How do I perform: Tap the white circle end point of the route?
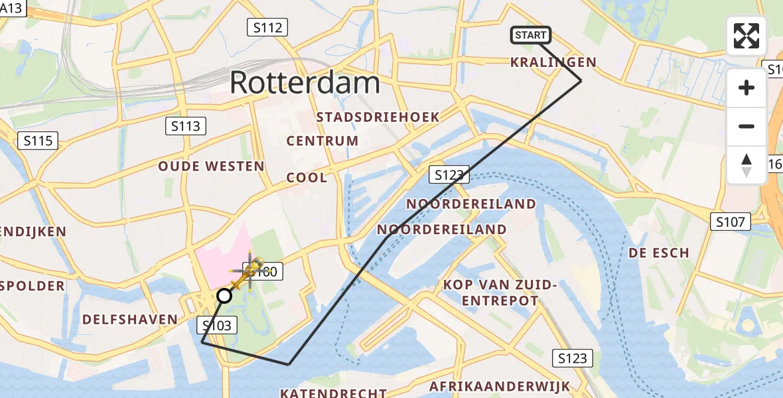pyautogui.click(x=224, y=295)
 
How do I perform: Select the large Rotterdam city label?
pyautogui.click(x=305, y=84)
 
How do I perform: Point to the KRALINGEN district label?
pyautogui.click(x=553, y=62)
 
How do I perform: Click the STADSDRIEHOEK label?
pyautogui.click(x=378, y=117)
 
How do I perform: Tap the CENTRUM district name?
pyautogui.click(x=322, y=141)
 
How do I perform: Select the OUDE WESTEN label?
pyautogui.click(x=211, y=166)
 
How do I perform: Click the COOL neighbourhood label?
pyautogui.click(x=307, y=178)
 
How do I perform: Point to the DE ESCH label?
pyautogui.click(x=659, y=253)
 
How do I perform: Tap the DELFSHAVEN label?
pyautogui.click(x=130, y=320)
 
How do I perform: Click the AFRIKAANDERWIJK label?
pyautogui.click(x=500, y=386)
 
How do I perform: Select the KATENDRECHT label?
pyautogui.click(x=333, y=393)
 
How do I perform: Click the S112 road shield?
pyautogui.click(x=268, y=28)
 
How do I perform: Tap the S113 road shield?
pyautogui.click(x=186, y=126)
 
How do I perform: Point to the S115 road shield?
pyautogui.click(x=39, y=141)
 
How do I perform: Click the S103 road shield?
pyautogui.click(x=216, y=325)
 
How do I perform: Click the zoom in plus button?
pyautogui.click(x=747, y=88)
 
